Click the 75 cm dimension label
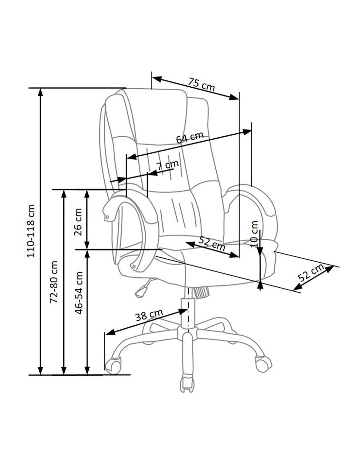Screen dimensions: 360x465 (x=201, y=84)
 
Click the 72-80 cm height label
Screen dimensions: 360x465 (x=54, y=282)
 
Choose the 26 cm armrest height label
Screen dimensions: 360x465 (x=78, y=222)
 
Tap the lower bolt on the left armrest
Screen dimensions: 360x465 (x=134, y=267)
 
